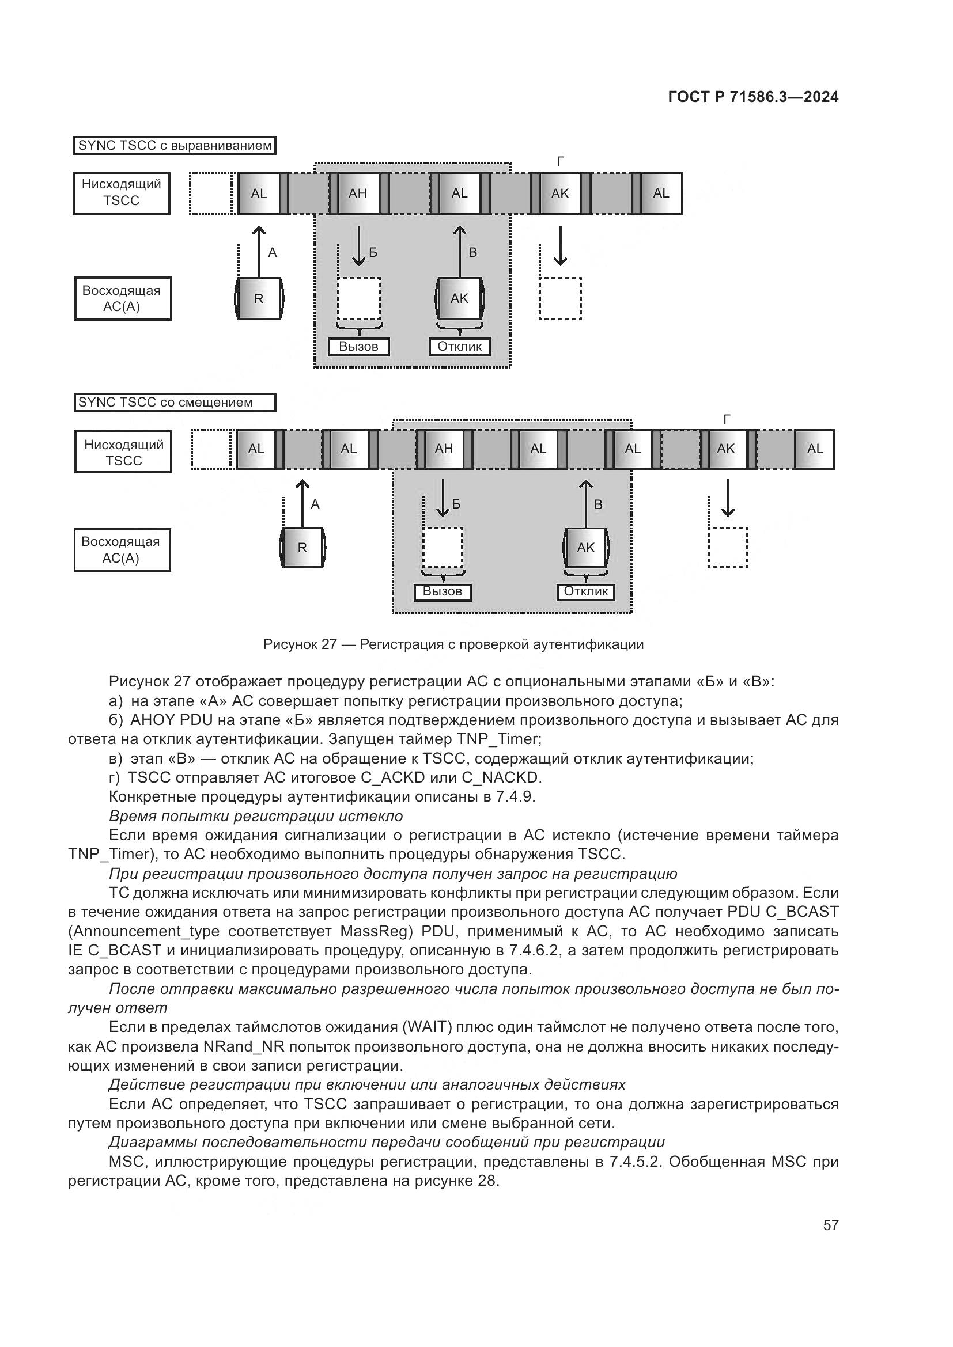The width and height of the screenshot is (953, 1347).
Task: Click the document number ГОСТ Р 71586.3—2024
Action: pyautogui.click(x=753, y=97)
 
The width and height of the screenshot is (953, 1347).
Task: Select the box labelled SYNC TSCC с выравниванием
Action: pyautogui.click(x=174, y=146)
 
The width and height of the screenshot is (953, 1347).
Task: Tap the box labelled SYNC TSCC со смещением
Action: pyautogui.click(x=174, y=403)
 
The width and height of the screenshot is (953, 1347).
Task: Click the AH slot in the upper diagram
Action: pyautogui.click(x=357, y=193)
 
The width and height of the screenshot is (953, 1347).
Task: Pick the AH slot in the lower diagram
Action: pyautogui.click(x=444, y=449)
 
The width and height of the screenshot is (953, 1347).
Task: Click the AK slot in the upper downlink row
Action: pyautogui.click(x=560, y=193)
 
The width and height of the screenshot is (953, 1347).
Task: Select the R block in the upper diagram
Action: pyautogui.click(x=259, y=299)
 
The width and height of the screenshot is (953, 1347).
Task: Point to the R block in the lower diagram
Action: pyautogui.click(x=302, y=547)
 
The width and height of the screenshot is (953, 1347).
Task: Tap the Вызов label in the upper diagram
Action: pyautogui.click(x=358, y=347)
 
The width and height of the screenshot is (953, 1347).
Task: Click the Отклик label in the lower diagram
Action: pyautogui.click(x=585, y=591)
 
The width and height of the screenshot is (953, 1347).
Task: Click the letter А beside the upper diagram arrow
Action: pyautogui.click(x=273, y=253)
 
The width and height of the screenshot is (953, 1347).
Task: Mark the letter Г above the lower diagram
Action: pyautogui.click(x=727, y=419)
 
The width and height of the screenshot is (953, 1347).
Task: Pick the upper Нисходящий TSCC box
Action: pyautogui.click(x=122, y=193)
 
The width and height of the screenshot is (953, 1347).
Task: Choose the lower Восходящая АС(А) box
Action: pyautogui.click(x=122, y=550)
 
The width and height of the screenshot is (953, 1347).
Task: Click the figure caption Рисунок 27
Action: pyautogui.click(x=453, y=644)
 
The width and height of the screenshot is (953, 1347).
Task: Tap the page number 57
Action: pyautogui.click(x=830, y=1225)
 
